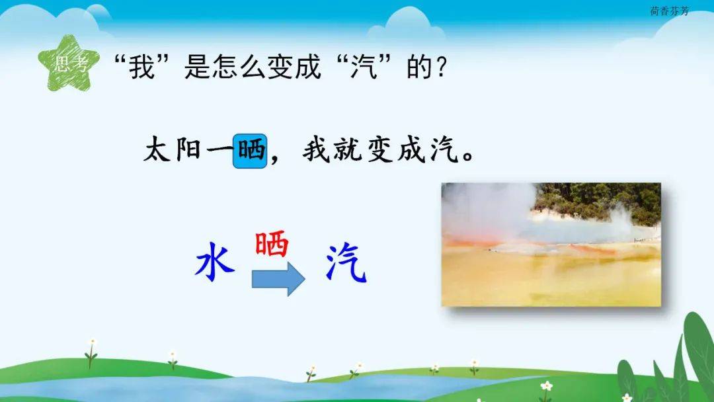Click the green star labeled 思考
coord(69,63)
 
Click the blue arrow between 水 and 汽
coord(278,278)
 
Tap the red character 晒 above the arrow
coord(272,243)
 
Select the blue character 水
coord(215,261)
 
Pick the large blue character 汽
coord(346,262)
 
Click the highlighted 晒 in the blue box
coord(250,151)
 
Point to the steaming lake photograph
coord(551,245)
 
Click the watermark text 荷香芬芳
coord(669,11)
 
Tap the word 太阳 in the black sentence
coord(173,150)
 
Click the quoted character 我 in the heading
coord(141,67)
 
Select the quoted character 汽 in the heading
coord(364,67)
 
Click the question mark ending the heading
coord(441,67)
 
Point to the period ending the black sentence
coord(467,157)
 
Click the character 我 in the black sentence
coord(317,150)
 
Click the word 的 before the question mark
coord(419,67)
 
